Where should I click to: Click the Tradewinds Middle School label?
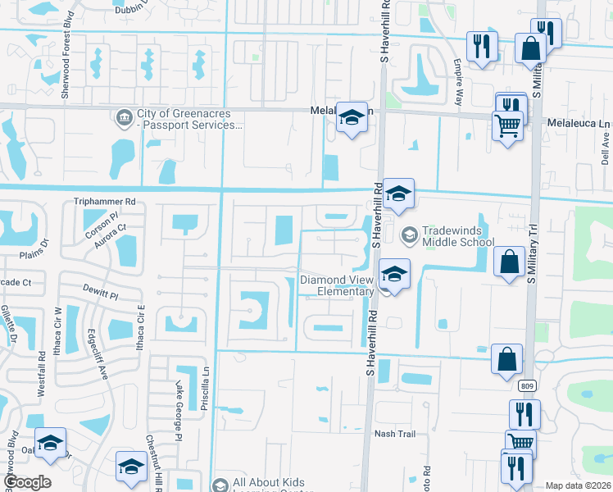(458, 236)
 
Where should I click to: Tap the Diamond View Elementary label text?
(337, 285)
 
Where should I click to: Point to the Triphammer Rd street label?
(104, 201)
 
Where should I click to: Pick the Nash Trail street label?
(390, 434)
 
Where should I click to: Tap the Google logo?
(27, 482)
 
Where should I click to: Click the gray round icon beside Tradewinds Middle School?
(407, 235)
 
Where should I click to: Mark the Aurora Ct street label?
(111, 237)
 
